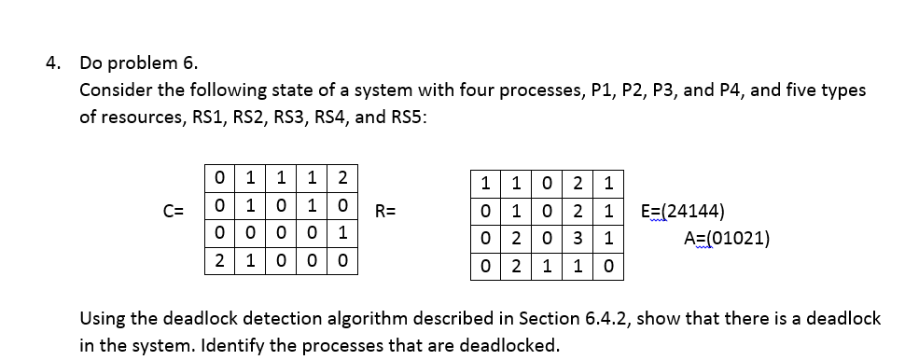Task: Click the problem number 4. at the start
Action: [x=55, y=64]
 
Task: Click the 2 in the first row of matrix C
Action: [x=342, y=177]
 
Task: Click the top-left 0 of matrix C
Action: [x=217, y=177]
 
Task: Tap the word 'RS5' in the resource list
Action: [x=404, y=118]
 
